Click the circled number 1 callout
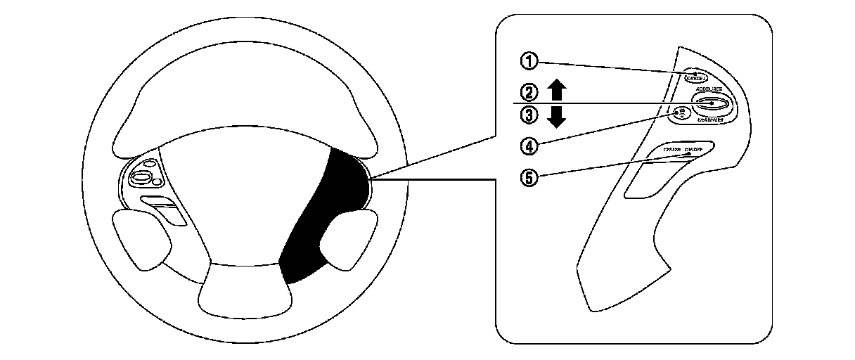coord(529,61)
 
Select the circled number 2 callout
coord(529,91)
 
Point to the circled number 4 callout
coord(529,145)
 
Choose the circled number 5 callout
coord(529,176)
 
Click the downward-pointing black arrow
coord(557,117)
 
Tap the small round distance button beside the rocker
coord(681,113)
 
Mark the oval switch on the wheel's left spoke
coord(143,176)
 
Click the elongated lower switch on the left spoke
coord(163,209)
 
